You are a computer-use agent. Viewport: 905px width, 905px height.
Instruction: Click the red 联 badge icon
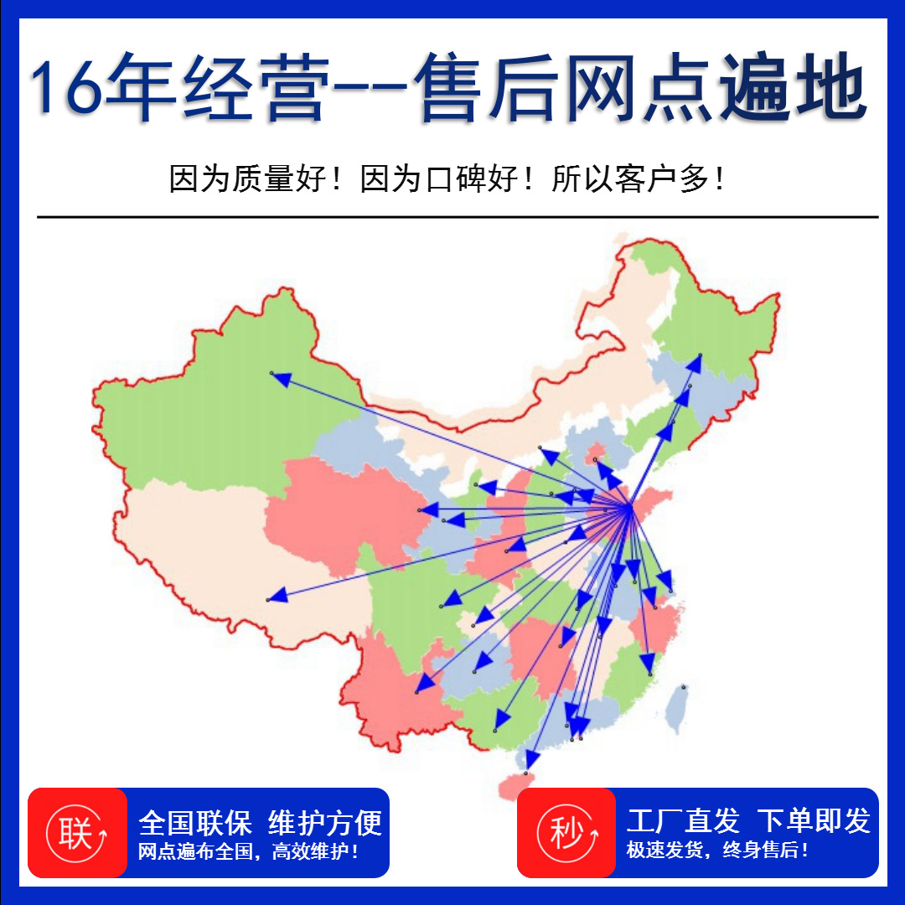click(76, 834)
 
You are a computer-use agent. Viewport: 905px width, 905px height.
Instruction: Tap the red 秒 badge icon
click(566, 834)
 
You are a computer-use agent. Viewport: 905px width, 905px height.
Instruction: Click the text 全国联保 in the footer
click(195, 822)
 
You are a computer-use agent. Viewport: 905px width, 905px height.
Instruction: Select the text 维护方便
click(325, 822)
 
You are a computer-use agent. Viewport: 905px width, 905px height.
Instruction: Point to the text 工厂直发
click(683, 821)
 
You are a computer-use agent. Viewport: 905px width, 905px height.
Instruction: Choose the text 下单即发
click(814, 821)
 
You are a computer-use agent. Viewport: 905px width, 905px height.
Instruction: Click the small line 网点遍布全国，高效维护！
click(249, 852)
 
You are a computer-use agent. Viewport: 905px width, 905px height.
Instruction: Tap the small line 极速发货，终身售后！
click(718, 851)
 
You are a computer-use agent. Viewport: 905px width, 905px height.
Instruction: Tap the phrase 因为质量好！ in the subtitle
click(256, 179)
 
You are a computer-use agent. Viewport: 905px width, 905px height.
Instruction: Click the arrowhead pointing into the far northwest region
click(281, 379)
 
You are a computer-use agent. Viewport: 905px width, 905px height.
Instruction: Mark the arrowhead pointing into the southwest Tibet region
click(277, 596)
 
